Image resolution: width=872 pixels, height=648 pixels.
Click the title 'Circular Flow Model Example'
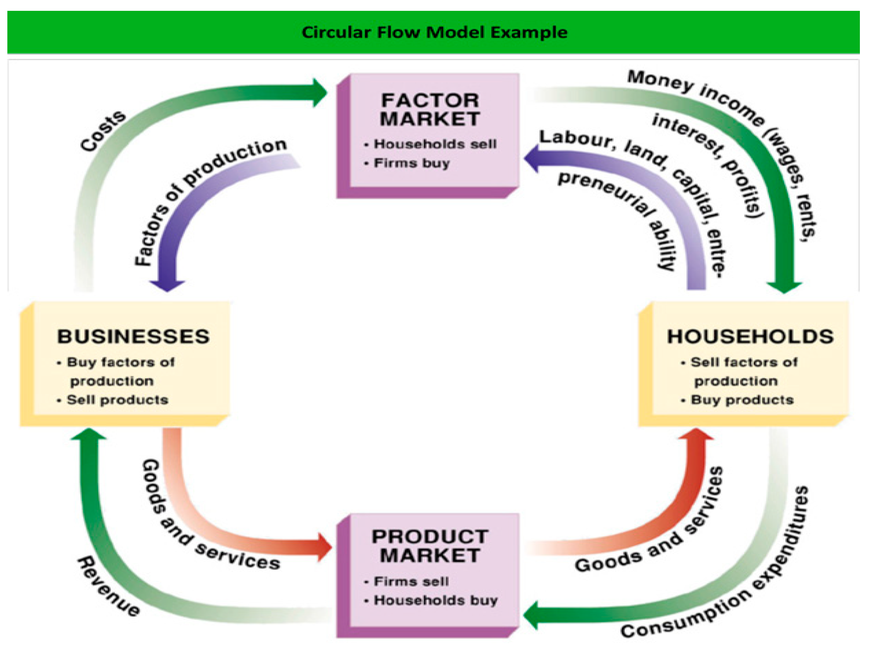pyautogui.click(x=434, y=32)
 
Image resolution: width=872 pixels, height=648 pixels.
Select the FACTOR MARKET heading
pyautogui.click(x=430, y=110)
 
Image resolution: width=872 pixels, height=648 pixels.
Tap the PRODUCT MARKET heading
pyautogui.click(x=430, y=546)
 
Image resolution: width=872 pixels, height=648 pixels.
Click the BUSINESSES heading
pyautogui.click(x=133, y=337)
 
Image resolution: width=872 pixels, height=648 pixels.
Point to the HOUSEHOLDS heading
pyautogui.click(x=750, y=337)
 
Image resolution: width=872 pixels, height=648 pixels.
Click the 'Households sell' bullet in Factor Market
pyautogui.click(x=435, y=144)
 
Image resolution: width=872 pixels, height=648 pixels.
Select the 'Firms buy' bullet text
pyautogui.click(x=412, y=163)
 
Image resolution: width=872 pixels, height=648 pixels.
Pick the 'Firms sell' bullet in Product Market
pyautogui.click(x=411, y=581)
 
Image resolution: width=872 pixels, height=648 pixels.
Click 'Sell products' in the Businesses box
pyautogui.click(x=117, y=400)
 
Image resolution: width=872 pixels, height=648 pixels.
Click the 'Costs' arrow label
pyautogui.click(x=103, y=131)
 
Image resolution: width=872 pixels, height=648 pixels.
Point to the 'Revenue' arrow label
pyautogui.click(x=108, y=587)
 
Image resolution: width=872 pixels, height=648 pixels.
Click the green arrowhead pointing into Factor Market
pyautogui.click(x=319, y=93)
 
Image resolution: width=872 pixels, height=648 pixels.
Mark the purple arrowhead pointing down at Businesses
pyautogui.click(x=167, y=284)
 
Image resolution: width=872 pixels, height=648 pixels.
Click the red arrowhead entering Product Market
pyautogui.click(x=324, y=547)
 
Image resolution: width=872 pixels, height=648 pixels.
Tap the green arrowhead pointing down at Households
pyautogui.click(x=784, y=286)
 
